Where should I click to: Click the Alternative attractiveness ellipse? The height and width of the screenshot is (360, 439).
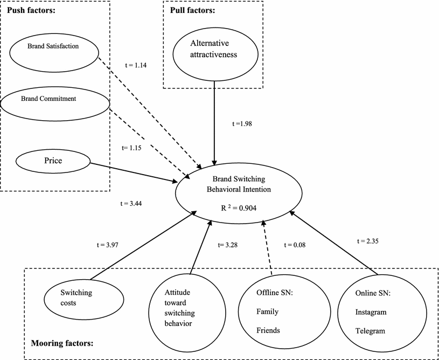(215, 55)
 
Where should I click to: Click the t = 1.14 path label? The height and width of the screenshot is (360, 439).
(136, 65)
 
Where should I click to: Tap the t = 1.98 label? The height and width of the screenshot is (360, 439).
(242, 123)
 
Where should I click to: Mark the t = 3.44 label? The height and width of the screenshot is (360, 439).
(130, 204)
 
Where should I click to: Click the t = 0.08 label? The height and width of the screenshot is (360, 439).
(295, 245)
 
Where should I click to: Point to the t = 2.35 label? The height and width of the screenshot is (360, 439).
(369, 241)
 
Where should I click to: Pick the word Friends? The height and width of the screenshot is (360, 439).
(267, 330)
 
